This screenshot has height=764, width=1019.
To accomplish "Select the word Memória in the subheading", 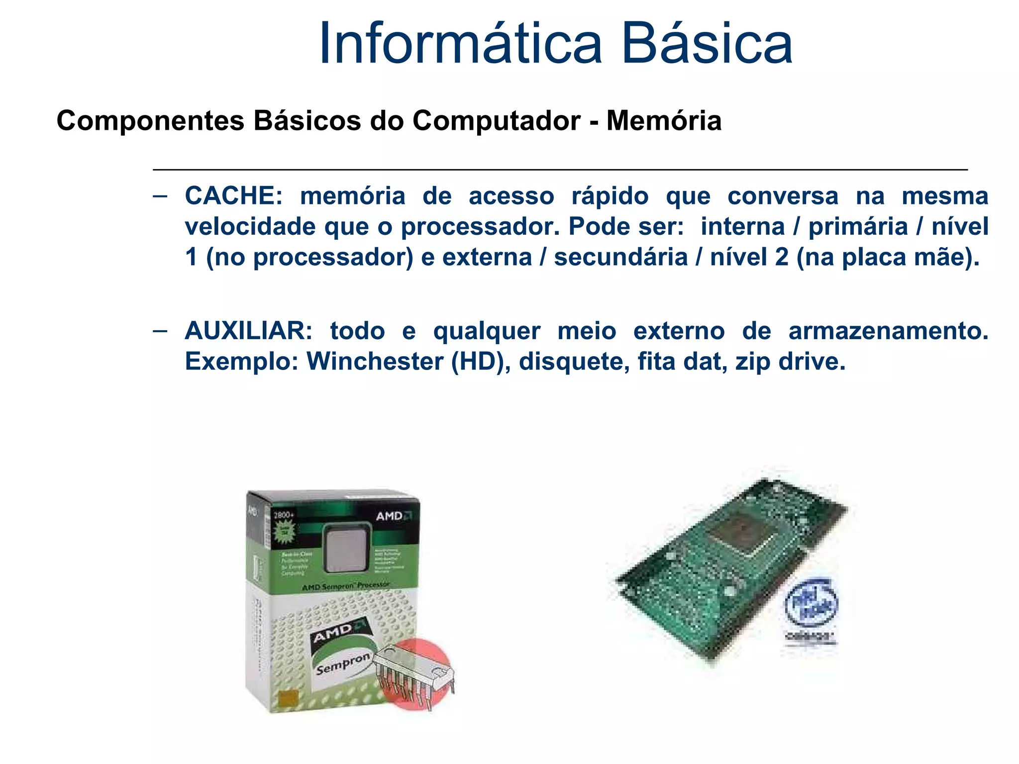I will tap(664, 121).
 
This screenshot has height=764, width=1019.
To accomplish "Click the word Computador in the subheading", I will tap(496, 121).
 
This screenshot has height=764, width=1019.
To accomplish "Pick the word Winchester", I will tap(375, 362).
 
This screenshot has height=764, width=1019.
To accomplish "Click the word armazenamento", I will tap(888, 331).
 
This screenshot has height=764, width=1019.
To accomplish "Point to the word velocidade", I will tap(251, 227).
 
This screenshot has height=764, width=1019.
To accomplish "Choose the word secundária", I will tap(621, 258).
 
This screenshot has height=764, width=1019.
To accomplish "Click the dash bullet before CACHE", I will tap(160, 196).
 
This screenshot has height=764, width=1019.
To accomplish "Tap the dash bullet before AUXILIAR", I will tap(160, 331).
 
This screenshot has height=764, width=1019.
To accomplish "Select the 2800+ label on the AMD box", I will tap(284, 515).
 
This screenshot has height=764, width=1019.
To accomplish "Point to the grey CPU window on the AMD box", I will tap(346, 550).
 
